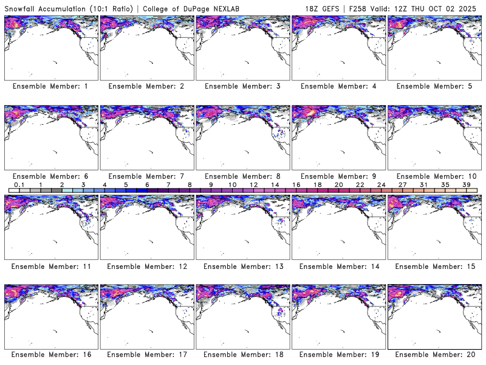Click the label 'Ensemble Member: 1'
click(50, 86)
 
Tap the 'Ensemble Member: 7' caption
click(146, 176)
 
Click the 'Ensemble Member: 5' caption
click(434, 86)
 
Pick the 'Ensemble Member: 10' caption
click(434, 176)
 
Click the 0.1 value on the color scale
click(19, 184)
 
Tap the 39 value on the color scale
click(466, 184)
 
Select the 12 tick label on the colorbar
click(253, 184)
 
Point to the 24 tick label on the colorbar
click(381, 184)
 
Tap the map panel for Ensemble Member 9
click(338, 137)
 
